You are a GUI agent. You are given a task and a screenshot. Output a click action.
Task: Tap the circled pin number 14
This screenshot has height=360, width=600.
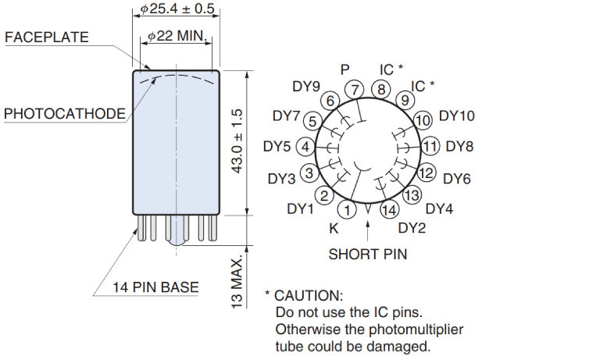pyautogui.click(x=388, y=209)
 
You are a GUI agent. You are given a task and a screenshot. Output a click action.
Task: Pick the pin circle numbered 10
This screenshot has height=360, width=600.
pyautogui.click(x=423, y=120)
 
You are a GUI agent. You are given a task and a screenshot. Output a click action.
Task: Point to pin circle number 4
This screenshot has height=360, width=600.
pyautogui.click(x=305, y=147)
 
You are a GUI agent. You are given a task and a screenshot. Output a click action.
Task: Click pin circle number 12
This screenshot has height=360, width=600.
pyautogui.click(x=427, y=173)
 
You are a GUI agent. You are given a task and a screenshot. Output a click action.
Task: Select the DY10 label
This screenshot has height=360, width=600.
pyautogui.click(x=457, y=116)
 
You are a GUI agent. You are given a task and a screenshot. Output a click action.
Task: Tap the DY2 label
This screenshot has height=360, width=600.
pyautogui.click(x=412, y=228)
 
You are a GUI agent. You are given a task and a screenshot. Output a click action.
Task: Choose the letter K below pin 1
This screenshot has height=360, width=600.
pyautogui.click(x=334, y=229)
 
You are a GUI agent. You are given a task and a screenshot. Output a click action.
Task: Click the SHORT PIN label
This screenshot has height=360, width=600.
pyautogui.click(x=367, y=254)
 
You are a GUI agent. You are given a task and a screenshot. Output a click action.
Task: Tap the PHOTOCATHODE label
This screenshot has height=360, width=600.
pyautogui.click(x=64, y=114)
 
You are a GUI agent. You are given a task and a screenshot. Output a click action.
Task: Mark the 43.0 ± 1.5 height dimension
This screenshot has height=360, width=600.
pyautogui.click(x=240, y=141)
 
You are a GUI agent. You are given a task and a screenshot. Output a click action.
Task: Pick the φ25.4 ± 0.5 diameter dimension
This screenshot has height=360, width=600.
pyautogui.click(x=177, y=9)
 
